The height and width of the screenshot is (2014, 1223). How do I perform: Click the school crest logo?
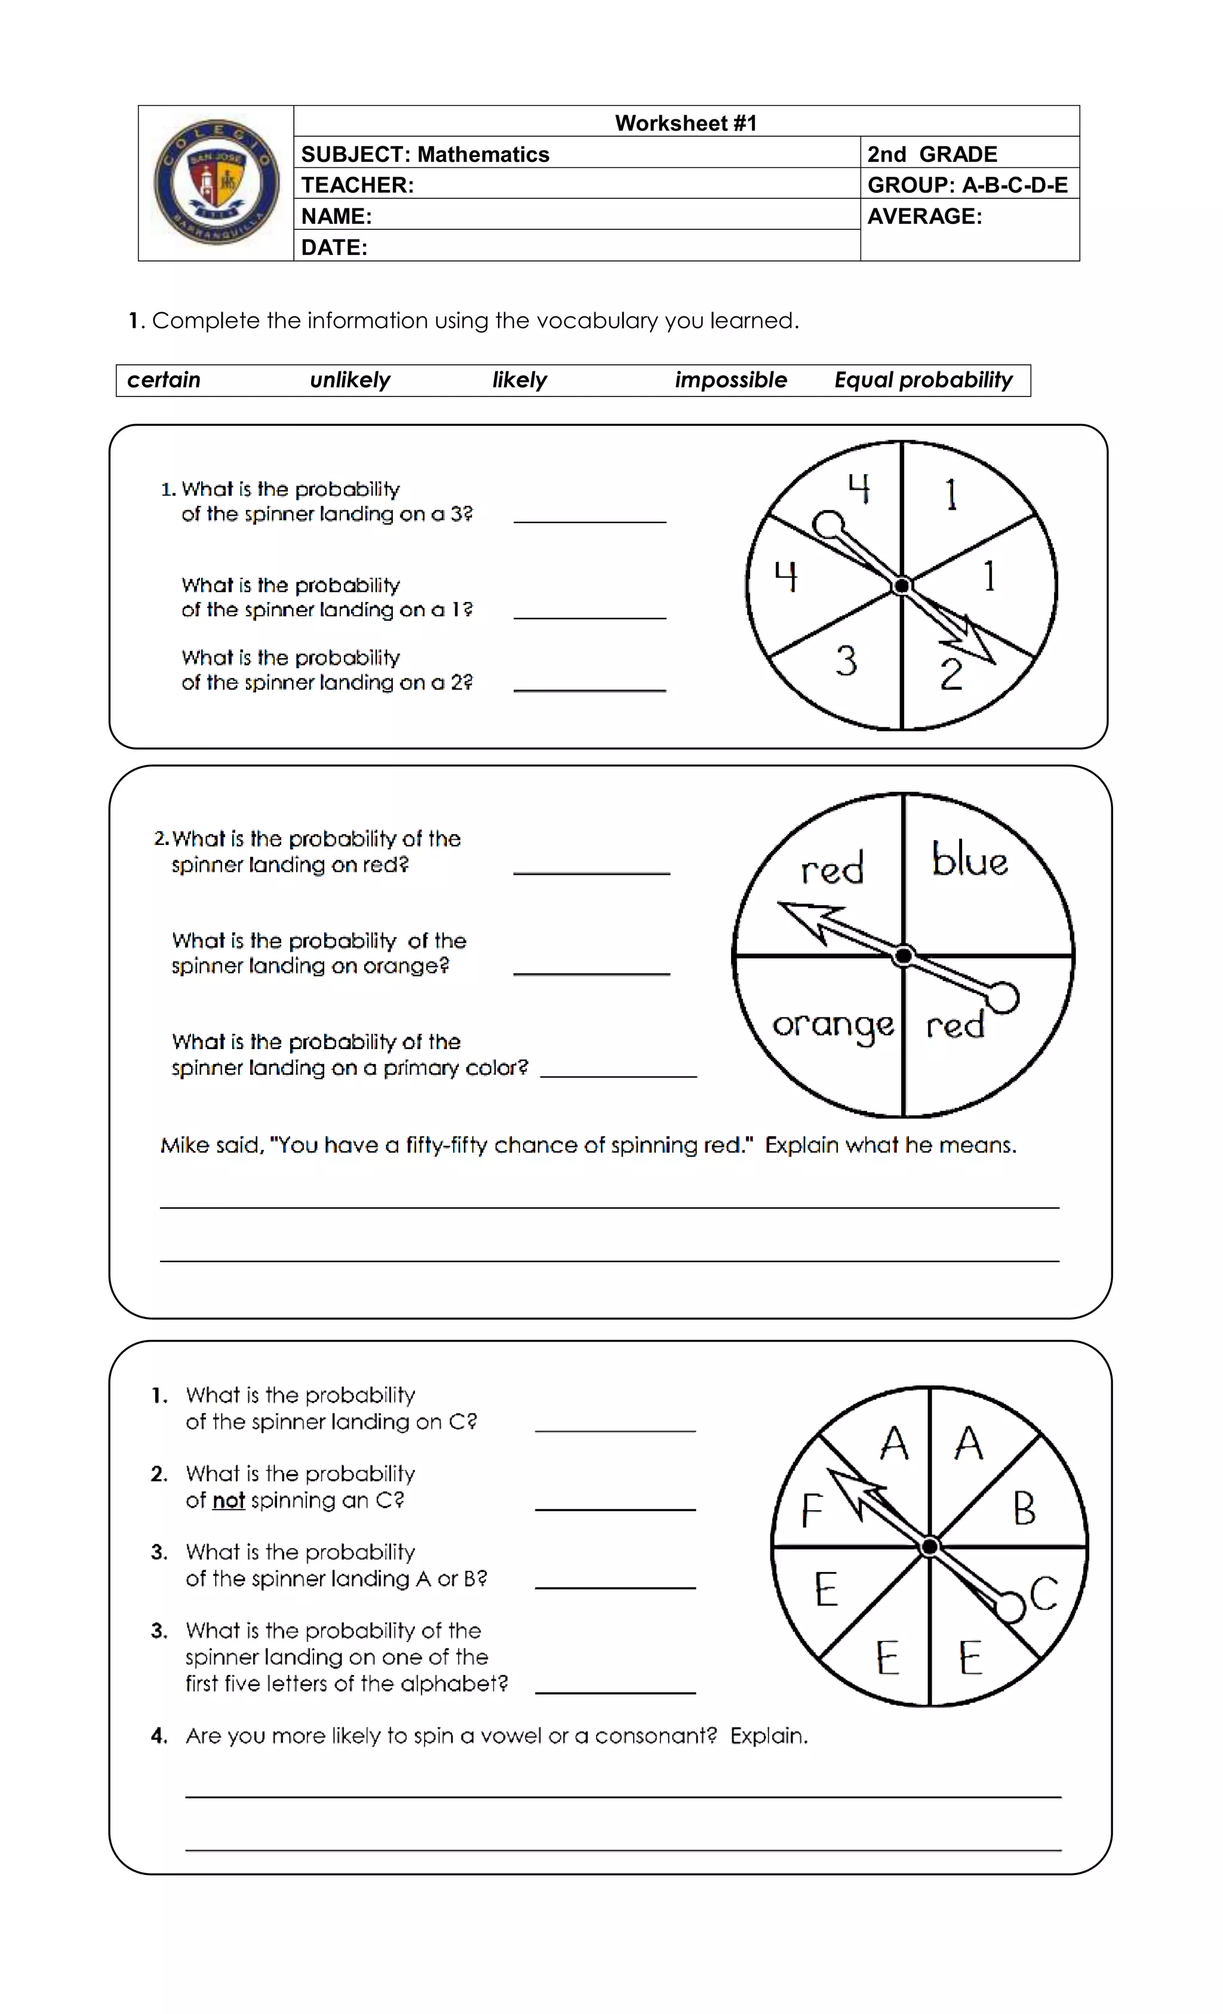click(x=216, y=182)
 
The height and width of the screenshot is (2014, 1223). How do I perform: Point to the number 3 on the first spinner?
click(x=846, y=660)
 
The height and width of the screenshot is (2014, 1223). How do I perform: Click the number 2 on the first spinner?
click(x=951, y=674)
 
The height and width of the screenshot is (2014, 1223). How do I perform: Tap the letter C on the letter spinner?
click(x=1044, y=1593)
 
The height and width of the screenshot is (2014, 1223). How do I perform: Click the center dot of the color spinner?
click(x=904, y=955)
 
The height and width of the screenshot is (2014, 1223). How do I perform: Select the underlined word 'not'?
click(x=228, y=1500)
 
